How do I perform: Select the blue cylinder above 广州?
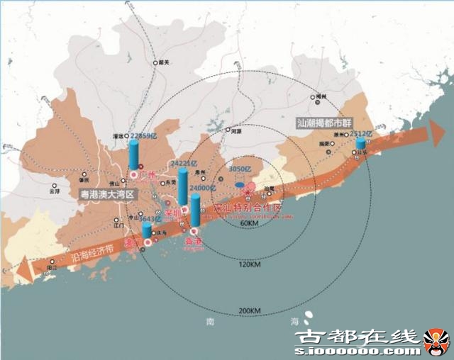(x=133, y=154)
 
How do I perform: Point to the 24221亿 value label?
(x=183, y=163)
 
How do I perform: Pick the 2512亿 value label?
(x=361, y=133)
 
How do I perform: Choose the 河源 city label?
(x=236, y=131)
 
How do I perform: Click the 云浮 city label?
(x=55, y=191)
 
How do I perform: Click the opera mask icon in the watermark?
(x=436, y=342)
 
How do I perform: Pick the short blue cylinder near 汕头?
(x=360, y=144)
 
